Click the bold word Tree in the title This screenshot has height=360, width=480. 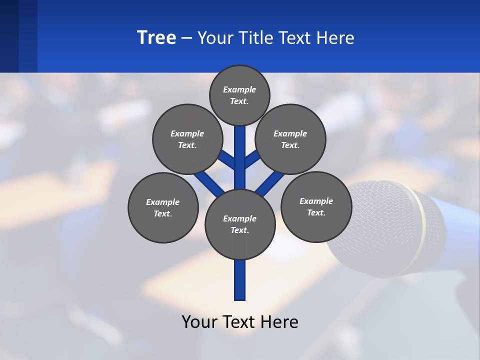coord(156,37)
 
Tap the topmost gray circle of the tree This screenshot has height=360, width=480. coord(239,95)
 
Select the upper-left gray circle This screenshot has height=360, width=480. coord(187,139)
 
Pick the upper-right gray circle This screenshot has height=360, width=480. coord(290,139)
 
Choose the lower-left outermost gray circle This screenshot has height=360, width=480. coord(163,207)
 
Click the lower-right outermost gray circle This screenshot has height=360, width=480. coord(316,206)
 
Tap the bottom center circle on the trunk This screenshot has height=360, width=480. coord(240,224)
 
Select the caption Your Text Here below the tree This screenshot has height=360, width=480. coord(240,321)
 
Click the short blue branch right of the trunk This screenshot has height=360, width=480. coord(252,159)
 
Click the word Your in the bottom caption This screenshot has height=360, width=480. coord(199,321)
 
